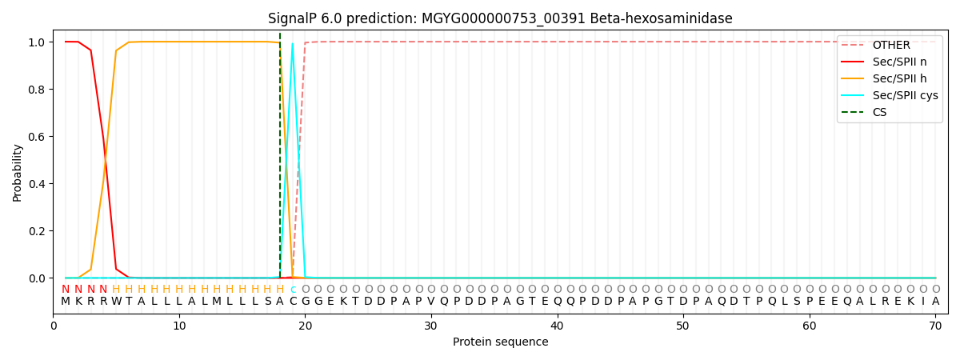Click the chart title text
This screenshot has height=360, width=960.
tap(500, 18)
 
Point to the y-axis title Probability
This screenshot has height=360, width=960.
tap(18, 172)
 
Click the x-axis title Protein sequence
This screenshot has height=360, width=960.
tap(500, 342)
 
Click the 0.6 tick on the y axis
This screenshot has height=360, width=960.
tap(37, 137)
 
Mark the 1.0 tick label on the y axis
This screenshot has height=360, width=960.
tap(37, 42)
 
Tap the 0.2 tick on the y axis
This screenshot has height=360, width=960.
tap(37, 231)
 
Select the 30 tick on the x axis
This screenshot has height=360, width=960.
tap(431, 326)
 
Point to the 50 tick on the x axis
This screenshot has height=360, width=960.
tap(683, 326)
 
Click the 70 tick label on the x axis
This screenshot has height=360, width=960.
tap(935, 326)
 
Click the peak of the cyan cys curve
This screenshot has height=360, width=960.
tap(293, 43)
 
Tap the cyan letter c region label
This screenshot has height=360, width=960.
tap(293, 290)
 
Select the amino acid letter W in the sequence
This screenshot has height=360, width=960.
tap(116, 302)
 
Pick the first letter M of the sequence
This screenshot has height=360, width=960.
tap(66, 302)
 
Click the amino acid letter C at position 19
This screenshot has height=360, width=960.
tap(293, 302)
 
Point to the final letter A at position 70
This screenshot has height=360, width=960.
tap(935, 302)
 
